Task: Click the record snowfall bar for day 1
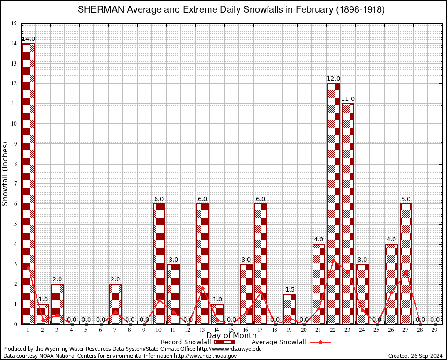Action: point(28,183)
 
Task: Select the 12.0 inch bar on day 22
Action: point(333,203)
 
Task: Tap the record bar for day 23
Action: point(348,213)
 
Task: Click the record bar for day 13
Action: point(202,263)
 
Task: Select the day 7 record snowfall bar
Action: point(115,304)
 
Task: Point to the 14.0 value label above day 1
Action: point(28,39)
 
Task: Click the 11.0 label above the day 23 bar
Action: point(348,99)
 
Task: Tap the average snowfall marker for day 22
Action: point(333,260)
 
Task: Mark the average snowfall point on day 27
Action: point(406,272)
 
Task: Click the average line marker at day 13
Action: point(202,288)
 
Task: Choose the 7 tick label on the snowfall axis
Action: point(15,184)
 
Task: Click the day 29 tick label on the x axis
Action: point(435,330)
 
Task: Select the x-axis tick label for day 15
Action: point(231,330)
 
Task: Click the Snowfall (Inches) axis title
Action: point(6,173)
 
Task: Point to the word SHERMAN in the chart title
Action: point(99,10)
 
